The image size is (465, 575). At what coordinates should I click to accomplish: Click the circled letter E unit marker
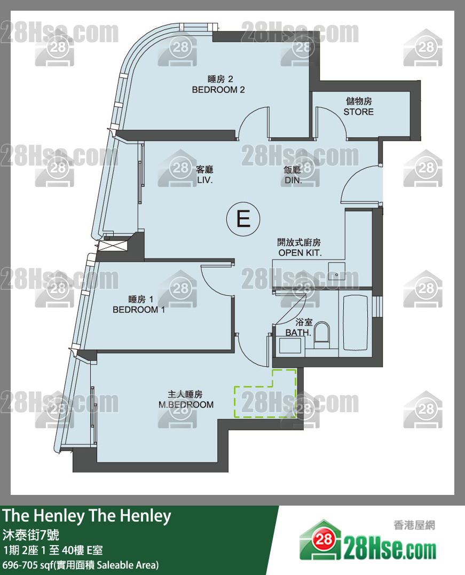click(243, 219)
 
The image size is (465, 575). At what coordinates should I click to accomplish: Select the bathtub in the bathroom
click(356, 322)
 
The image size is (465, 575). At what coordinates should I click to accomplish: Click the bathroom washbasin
click(290, 346)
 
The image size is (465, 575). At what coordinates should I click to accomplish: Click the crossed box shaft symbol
click(113, 246)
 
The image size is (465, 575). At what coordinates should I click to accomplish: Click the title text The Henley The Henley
click(87, 516)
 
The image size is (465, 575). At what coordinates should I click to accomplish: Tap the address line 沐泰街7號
click(31, 535)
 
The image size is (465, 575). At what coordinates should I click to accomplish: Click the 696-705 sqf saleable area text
click(81, 565)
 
